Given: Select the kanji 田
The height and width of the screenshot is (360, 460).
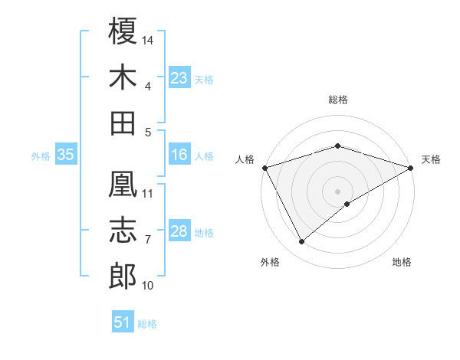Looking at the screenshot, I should (x=123, y=123).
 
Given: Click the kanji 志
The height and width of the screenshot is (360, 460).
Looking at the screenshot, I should (x=123, y=231).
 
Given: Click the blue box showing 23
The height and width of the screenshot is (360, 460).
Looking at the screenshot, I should (x=179, y=78).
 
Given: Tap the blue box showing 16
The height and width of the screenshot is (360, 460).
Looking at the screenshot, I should (x=179, y=155).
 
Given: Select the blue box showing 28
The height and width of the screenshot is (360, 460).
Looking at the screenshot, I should (x=179, y=232).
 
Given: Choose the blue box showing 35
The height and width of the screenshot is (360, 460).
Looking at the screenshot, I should (x=65, y=155).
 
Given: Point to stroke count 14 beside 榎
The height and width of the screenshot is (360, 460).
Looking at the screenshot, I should (x=149, y=39).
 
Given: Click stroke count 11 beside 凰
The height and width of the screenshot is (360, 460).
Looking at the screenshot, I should (x=148, y=193).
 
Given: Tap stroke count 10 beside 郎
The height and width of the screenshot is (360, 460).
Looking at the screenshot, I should (x=148, y=286).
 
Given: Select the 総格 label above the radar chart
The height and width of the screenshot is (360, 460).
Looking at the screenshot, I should (x=338, y=100).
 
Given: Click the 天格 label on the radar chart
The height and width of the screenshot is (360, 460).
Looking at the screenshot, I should (x=431, y=159).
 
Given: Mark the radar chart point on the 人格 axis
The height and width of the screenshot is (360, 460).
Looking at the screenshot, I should (x=264, y=168).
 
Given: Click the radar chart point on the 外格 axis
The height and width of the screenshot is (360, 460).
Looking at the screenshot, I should (x=301, y=242).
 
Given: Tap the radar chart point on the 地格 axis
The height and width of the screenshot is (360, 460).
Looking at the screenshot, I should (x=347, y=204).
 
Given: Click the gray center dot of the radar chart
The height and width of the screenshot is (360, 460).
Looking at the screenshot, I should (x=338, y=191).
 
